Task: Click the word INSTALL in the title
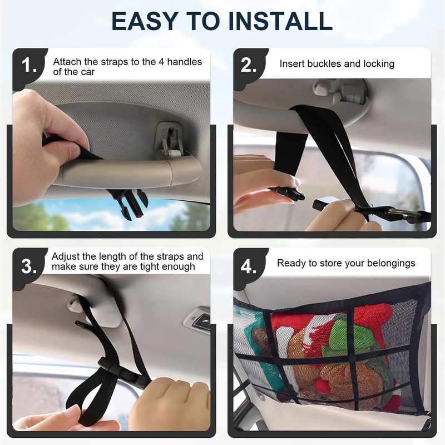click(280, 21)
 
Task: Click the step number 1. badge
click(29, 65)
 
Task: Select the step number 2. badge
click(249, 65)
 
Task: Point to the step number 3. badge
click(29, 266)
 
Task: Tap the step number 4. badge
click(249, 266)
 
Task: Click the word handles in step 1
click(185, 62)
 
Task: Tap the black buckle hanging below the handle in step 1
click(129, 204)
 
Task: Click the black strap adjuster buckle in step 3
click(121, 372)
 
